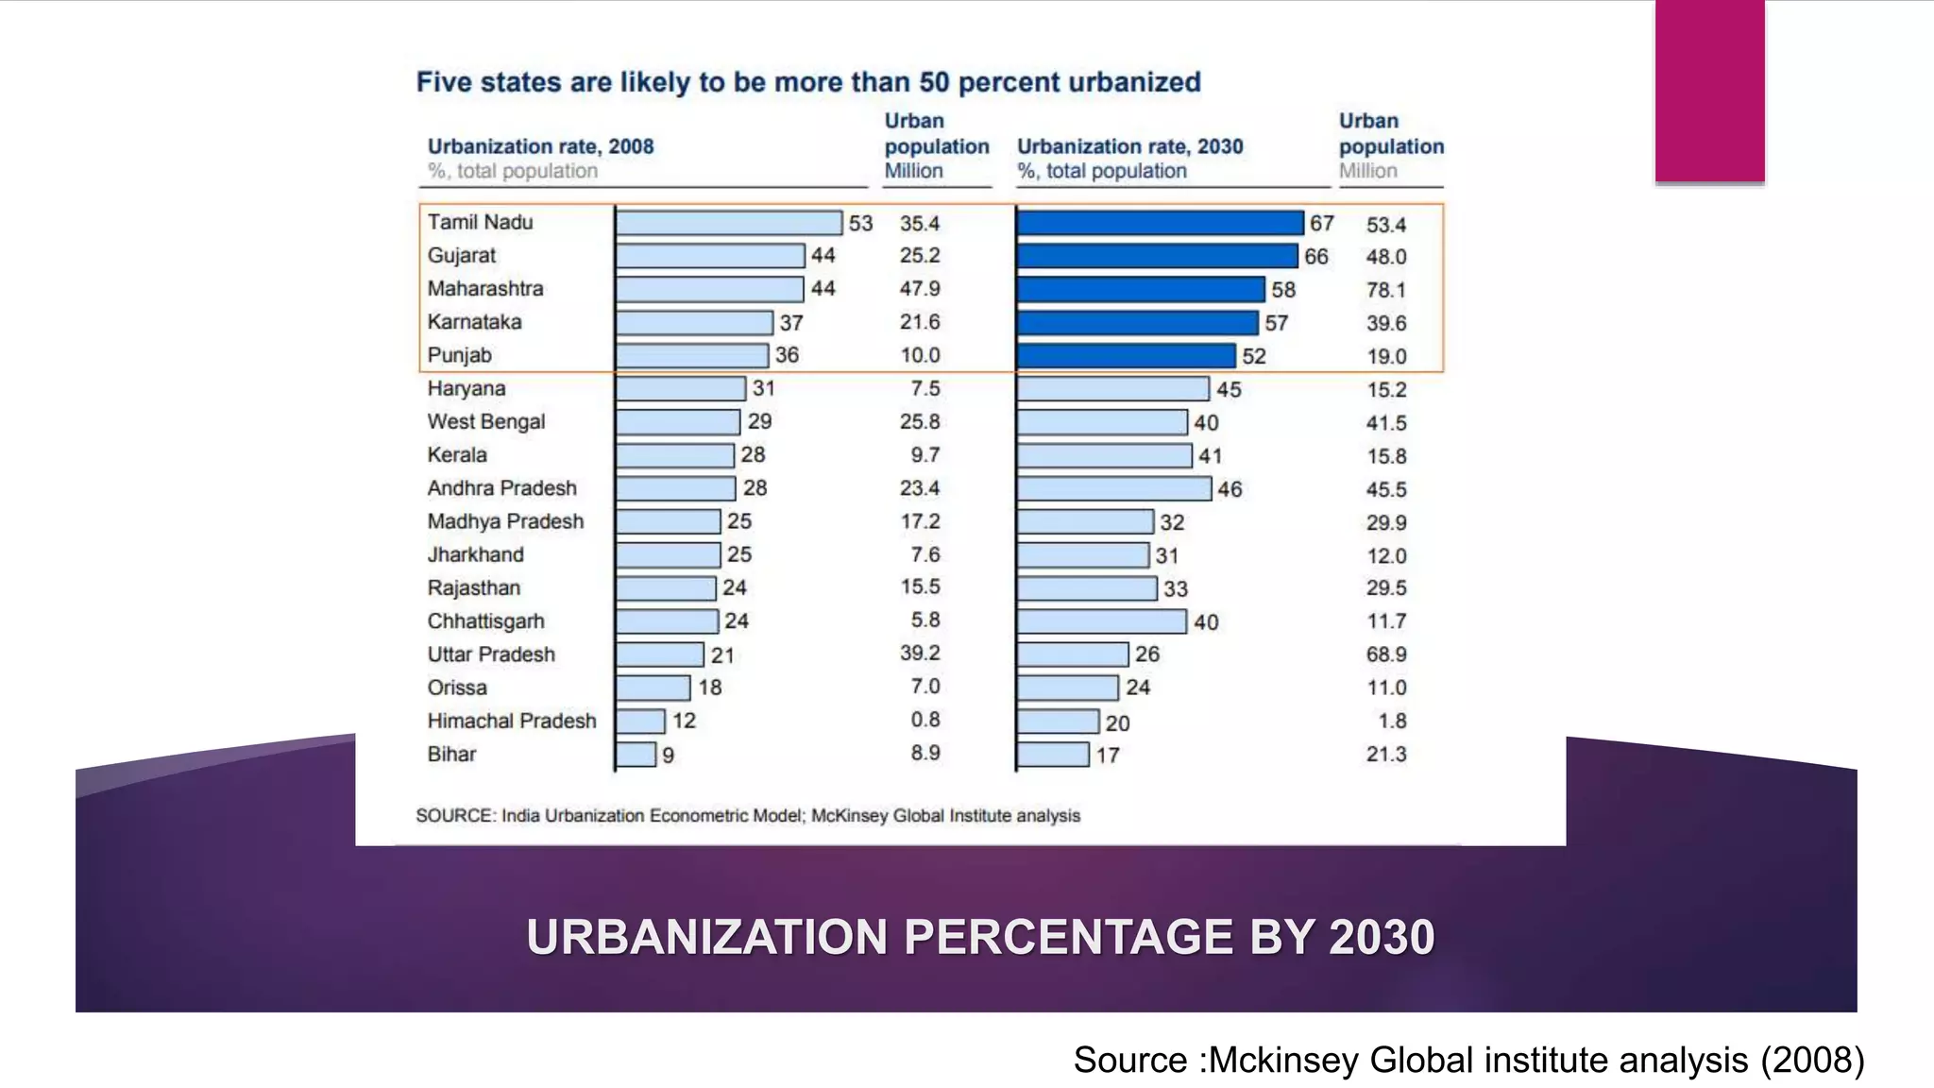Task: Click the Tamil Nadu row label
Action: (x=480, y=222)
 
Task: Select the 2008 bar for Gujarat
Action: (x=710, y=256)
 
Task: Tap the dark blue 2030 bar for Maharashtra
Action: (x=1140, y=289)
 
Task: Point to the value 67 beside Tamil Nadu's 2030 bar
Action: (x=1321, y=223)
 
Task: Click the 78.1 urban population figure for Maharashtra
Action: (x=1385, y=290)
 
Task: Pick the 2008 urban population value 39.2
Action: (x=919, y=654)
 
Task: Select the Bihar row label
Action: (x=451, y=754)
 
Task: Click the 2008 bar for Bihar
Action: (x=636, y=755)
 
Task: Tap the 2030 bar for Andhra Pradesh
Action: (x=1113, y=488)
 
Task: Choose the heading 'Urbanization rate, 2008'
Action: (x=540, y=146)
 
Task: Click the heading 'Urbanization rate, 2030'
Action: (x=1129, y=146)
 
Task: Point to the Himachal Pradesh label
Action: (x=511, y=721)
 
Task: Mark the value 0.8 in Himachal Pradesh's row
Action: (x=925, y=720)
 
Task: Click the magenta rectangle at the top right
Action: (x=1709, y=90)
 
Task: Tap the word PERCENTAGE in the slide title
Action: (x=1068, y=937)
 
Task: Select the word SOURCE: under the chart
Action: (x=455, y=816)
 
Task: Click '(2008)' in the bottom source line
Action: (x=1812, y=1060)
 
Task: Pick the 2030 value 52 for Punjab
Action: (x=1253, y=356)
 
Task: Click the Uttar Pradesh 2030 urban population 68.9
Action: (x=1385, y=654)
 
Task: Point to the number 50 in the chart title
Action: (x=933, y=82)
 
